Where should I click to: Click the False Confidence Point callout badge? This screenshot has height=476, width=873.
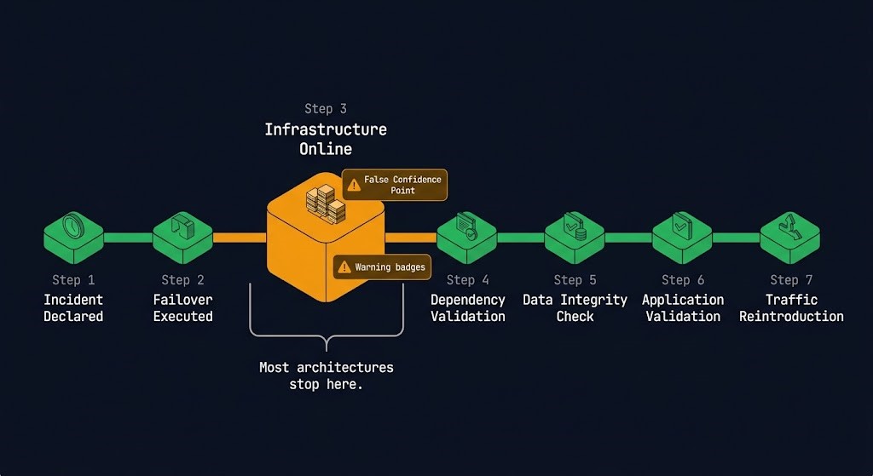point(395,185)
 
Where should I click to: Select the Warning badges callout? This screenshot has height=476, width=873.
point(382,267)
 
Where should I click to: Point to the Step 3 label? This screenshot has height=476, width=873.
point(325,109)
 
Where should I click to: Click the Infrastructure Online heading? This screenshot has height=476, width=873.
point(325,139)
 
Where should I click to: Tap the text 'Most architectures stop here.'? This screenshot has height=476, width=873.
point(326,376)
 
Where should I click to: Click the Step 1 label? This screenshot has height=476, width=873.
point(73,280)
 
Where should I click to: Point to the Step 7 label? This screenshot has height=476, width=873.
point(790,280)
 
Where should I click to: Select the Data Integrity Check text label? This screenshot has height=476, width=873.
point(575,308)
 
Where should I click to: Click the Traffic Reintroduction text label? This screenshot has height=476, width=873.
point(790,308)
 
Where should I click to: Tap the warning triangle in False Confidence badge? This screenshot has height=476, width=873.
point(353,185)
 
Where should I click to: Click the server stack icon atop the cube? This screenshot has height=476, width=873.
point(326,201)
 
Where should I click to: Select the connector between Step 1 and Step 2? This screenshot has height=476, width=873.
point(128,238)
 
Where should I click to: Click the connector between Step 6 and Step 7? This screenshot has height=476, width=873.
point(736,238)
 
